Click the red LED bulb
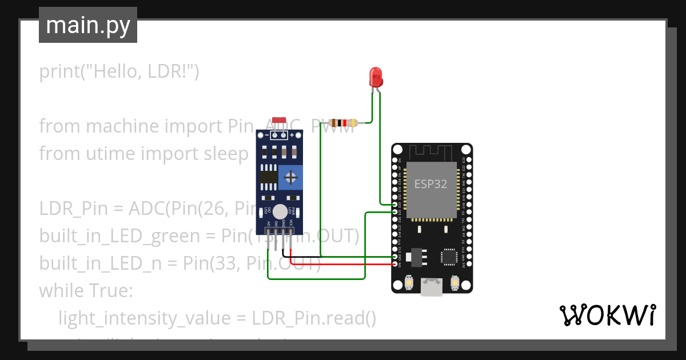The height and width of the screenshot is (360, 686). click(x=376, y=76)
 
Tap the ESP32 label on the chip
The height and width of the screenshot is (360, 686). click(x=431, y=185)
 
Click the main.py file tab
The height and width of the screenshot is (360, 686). click(x=88, y=25)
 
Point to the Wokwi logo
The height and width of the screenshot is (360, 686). click(x=607, y=315)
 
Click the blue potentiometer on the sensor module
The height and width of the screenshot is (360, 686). click(x=292, y=178)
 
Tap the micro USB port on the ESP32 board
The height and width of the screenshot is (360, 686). click(x=432, y=287)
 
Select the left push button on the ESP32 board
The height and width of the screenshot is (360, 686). click(x=409, y=282)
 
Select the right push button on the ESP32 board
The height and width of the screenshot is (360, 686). click(x=455, y=282)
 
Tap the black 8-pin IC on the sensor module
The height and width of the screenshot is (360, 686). click(x=269, y=177)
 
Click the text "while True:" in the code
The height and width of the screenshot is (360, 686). click(x=86, y=291)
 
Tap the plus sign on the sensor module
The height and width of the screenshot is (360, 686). click(x=292, y=135)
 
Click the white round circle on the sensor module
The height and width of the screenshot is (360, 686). click(x=280, y=211)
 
